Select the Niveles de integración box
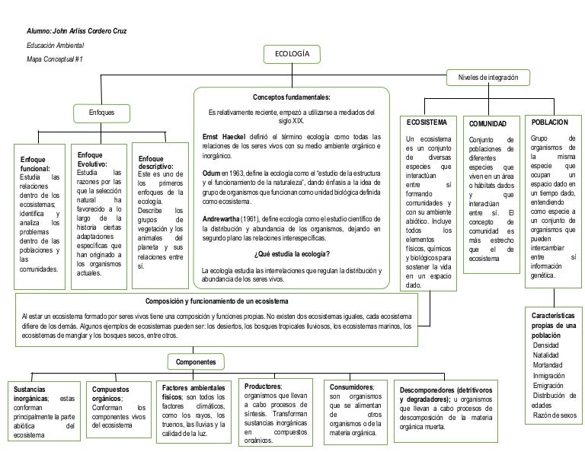click(487, 79)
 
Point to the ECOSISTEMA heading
click(427, 122)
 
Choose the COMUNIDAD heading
click(488, 123)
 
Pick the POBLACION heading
click(549, 122)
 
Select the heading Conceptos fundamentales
click(292, 98)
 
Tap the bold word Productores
click(263, 386)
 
